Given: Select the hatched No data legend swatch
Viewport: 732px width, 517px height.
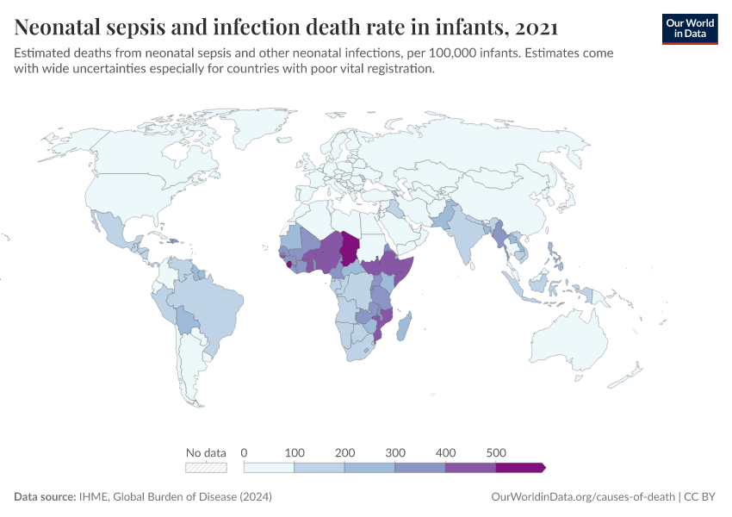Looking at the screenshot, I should point(206,467).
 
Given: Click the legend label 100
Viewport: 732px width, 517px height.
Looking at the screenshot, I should point(295,452).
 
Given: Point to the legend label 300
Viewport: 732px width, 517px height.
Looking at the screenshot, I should point(395,452).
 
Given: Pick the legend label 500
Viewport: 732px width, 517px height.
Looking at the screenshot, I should point(496,452).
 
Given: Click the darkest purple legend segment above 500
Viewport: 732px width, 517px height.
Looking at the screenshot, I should point(520,467).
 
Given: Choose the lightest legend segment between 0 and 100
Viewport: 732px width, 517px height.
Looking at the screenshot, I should point(270,467).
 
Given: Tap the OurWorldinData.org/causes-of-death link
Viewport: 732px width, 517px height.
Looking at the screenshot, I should point(582,497).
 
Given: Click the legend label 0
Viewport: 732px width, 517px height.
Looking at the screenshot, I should point(245,452).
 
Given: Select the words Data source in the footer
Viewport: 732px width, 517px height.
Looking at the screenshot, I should point(43,497).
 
